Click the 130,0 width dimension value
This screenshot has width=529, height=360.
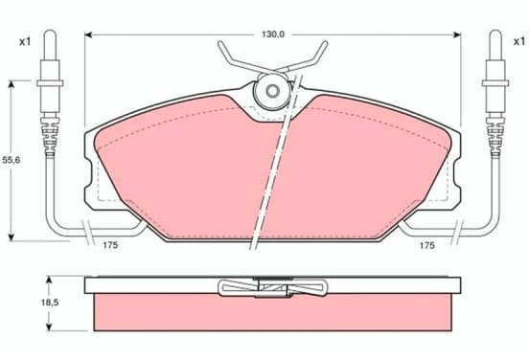273,34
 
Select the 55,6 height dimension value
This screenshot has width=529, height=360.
11,160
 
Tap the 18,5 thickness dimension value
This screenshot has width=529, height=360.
50,303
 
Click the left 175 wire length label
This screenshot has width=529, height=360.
110,245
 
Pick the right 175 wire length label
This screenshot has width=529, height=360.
427,245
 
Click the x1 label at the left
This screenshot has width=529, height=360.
25,42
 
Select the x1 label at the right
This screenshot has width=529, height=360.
519,41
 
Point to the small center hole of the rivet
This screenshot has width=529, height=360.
272,90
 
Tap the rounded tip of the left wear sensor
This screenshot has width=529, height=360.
50,33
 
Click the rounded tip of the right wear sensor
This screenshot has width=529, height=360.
495,33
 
